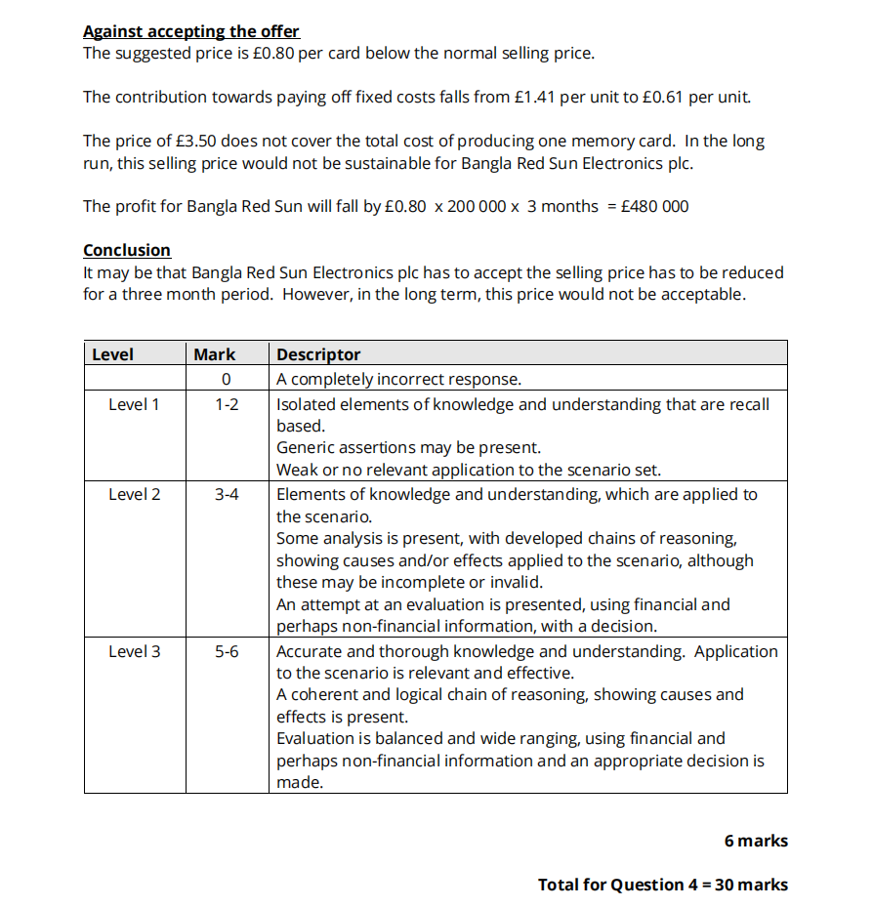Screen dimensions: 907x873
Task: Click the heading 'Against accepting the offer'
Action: [x=191, y=31]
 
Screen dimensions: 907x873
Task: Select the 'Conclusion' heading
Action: [x=127, y=250]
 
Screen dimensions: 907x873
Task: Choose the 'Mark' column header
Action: [x=215, y=354]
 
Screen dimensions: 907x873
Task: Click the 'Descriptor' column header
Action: [x=318, y=354]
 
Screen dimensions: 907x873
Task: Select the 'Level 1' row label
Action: [x=134, y=404]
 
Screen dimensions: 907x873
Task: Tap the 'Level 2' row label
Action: [x=134, y=494]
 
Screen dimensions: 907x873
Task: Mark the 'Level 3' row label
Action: [x=134, y=651]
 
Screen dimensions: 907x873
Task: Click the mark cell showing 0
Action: [x=226, y=379]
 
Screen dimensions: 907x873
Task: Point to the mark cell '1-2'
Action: [x=226, y=404]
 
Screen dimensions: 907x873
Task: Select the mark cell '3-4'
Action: [x=226, y=494]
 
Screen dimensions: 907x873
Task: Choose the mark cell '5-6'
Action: [x=226, y=651]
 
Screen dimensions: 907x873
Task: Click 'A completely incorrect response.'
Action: [x=398, y=379]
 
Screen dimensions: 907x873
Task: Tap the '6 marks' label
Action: [x=756, y=841]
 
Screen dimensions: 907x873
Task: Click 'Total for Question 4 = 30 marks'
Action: [x=662, y=885]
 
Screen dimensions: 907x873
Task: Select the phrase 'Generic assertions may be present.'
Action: [x=408, y=447]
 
